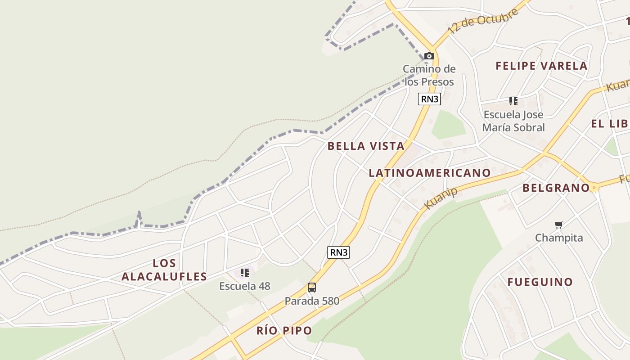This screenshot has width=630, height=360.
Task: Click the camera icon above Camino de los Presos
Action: click(x=429, y=56)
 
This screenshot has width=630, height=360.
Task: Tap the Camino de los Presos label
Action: click(x=429, y=75)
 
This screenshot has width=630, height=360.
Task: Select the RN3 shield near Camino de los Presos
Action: click(x=429, y=99)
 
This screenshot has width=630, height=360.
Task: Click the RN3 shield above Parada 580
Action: click(x=338, y=252)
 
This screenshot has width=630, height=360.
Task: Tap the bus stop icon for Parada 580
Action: click(x=312, y=288)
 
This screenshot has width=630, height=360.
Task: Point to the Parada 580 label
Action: click(x=312, y=301)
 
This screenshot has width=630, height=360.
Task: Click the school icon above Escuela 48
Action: click(x=245, y=273)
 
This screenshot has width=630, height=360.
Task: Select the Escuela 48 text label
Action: click(x=245, y=286)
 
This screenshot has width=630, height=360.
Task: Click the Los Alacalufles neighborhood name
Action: click(x=164, y=270)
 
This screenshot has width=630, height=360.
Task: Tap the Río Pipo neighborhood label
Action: click(x=284, y=331)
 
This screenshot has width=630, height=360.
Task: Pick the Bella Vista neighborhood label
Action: click(x=366, y=146)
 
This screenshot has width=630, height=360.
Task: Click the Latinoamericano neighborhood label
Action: click(x=430, y=173)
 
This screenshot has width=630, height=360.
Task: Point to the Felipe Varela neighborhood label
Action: click(x=541, y=66)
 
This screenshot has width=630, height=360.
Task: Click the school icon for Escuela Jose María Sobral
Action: click(x=513, y=101)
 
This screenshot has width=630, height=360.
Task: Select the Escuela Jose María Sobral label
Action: click(x=513, y=121)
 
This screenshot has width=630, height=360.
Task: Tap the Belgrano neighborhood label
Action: click(x=556, y=188)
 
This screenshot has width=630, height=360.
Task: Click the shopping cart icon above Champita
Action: click(x=559, y=225)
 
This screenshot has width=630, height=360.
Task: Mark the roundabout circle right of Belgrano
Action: click(x=594, y=188)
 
